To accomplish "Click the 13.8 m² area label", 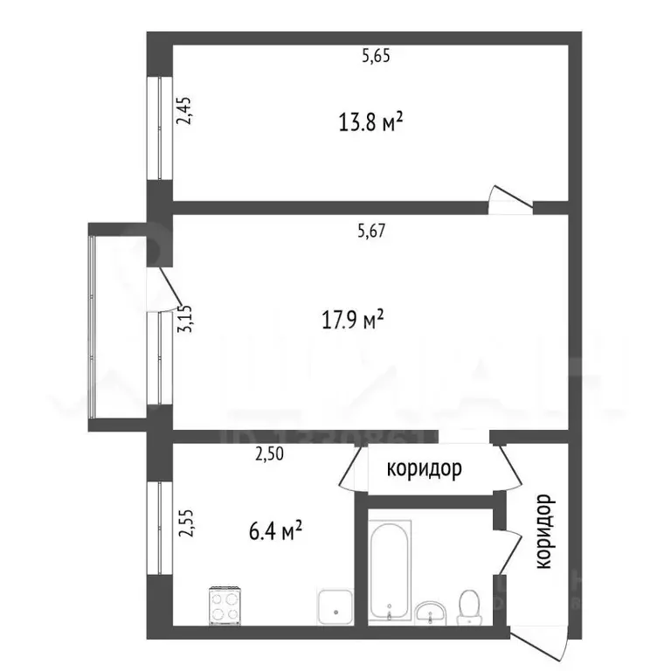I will pyautogui.click(x=370, y=121).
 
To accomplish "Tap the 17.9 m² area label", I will pyautogui.click(x=354, y=321).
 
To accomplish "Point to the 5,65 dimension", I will pyautogui.click(x=376, y=57).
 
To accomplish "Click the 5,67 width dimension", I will pyautogui.click(x=371, y=232).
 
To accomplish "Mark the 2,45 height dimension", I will pyautogui.click(x=185, y=111).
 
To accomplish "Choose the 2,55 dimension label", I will pyautogui.click(x=185, y=529).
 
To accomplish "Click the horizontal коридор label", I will pyautogui.click(x=425, y=469).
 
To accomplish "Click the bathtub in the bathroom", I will pyautogui.click(x=390, y=568).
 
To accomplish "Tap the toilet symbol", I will pyautogui.click(x=469, y=605).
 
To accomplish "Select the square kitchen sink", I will pyautogui.click(x=333, y=605).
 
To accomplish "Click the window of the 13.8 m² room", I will pyautogui.click(x=160, y=128).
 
